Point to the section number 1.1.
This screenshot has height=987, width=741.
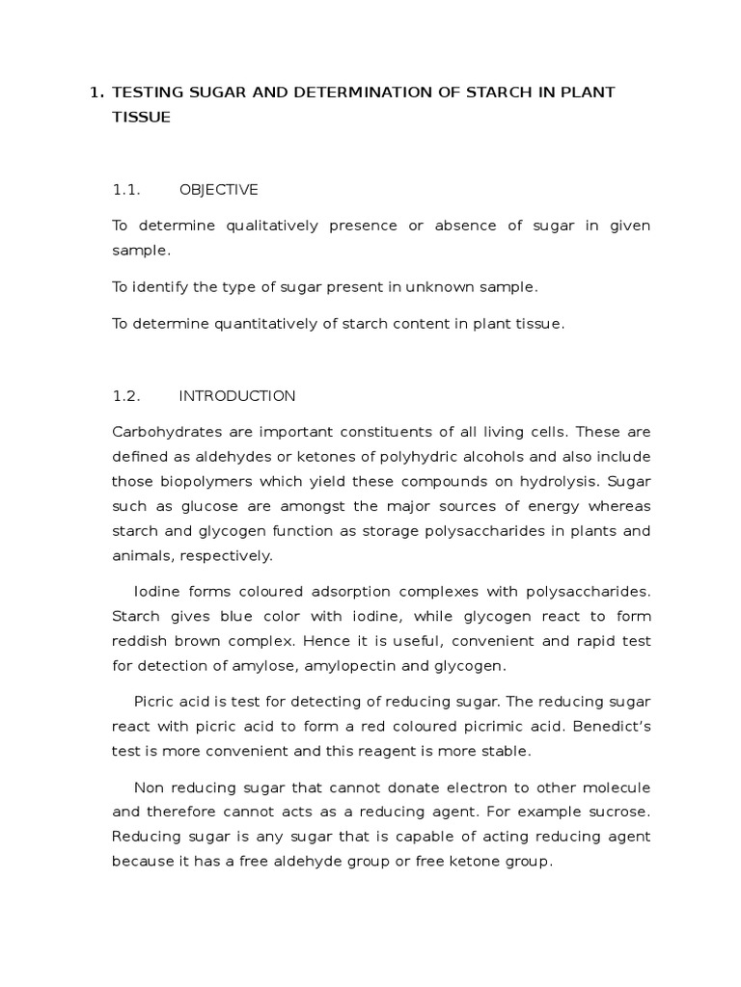click(x=126, y=189)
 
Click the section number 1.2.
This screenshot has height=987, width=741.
click(x=126, y=396)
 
